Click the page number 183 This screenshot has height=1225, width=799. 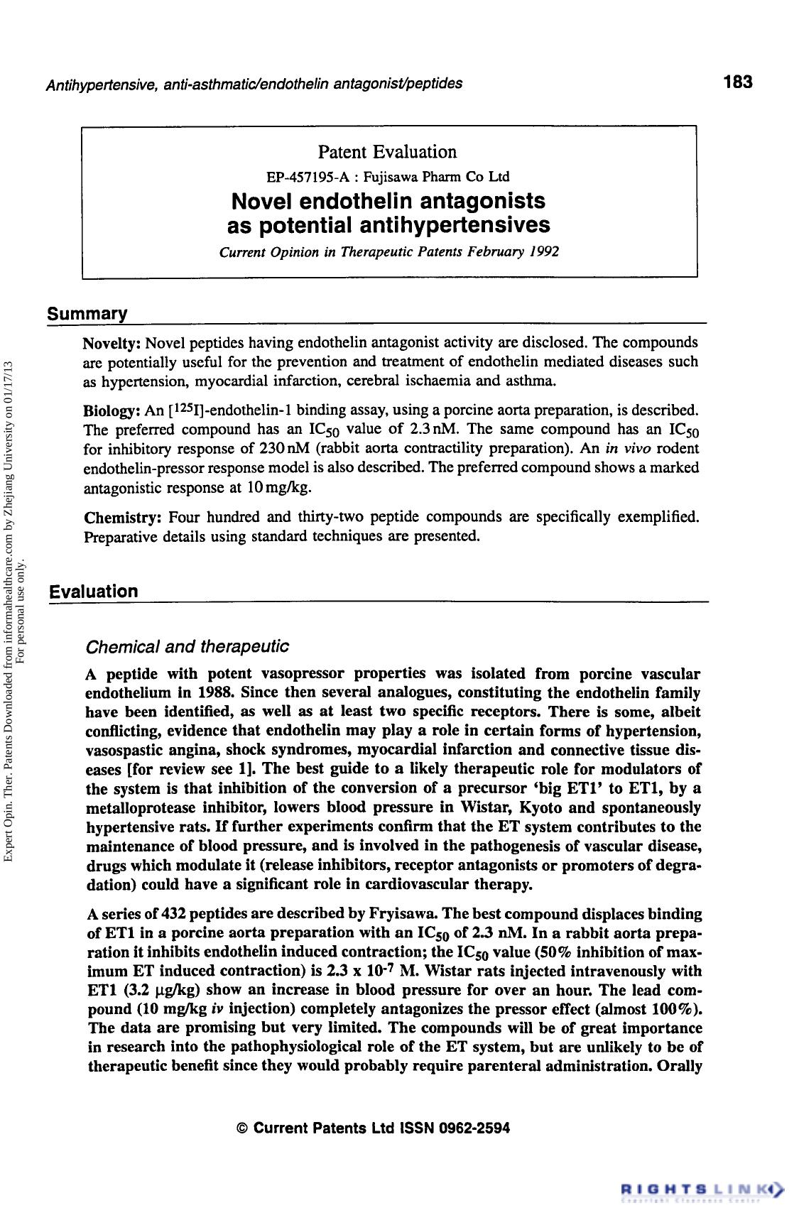[x=738, y=82]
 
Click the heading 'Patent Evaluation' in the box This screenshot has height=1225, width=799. [x=387, y=152]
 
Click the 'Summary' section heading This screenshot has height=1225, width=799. [x=87, y=313]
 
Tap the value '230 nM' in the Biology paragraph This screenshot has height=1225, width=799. [x=286, y=449]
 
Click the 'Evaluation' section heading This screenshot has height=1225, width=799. [x=93, y=592]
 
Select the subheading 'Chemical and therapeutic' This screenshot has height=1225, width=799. [x=187, y=647]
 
